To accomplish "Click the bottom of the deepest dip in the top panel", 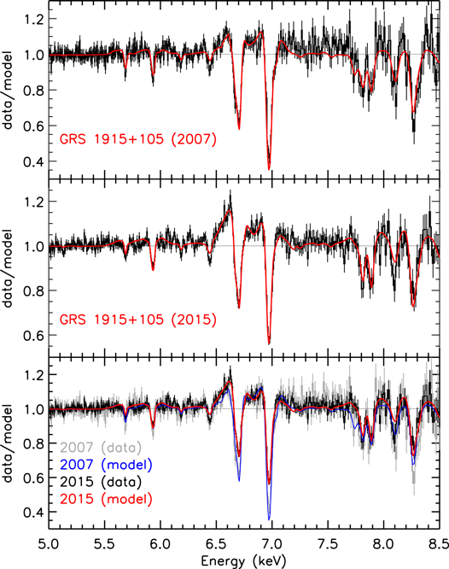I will [x=269, y=168].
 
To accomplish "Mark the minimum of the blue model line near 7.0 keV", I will [x=269, y=519].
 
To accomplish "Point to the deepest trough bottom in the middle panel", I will [x=269, y=343].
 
